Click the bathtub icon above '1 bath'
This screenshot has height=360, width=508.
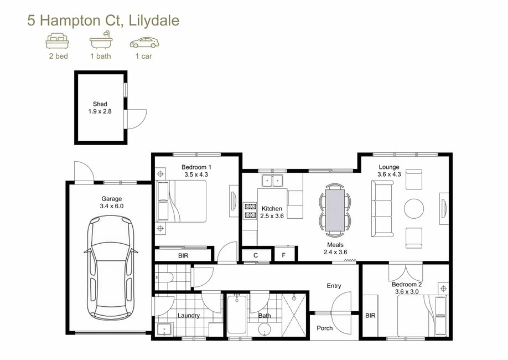point(101,40)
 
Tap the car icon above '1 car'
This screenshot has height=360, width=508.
point(144,43)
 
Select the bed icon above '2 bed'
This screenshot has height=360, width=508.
point(58,41)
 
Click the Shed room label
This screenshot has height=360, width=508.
point(100,104)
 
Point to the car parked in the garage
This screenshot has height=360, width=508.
point(111,268)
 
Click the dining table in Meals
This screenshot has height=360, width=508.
point(335,210)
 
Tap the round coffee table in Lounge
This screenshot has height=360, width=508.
point(414,208)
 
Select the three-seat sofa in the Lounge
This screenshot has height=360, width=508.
point(382,209)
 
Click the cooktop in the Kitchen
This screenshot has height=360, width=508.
point(250,210)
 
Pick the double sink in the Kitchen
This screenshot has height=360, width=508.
point(272,181)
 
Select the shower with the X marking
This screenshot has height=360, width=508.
point(294,316)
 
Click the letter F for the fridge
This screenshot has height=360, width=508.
point(284,255)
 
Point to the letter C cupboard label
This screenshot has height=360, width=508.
point(256,255)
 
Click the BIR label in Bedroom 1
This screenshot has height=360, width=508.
point(183,255)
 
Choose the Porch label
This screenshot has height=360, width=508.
point(325,328)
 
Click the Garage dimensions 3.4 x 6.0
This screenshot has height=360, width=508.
point(112,206)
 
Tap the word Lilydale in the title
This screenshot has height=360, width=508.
point(154,20)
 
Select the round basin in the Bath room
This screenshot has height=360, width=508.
point(265,330)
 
